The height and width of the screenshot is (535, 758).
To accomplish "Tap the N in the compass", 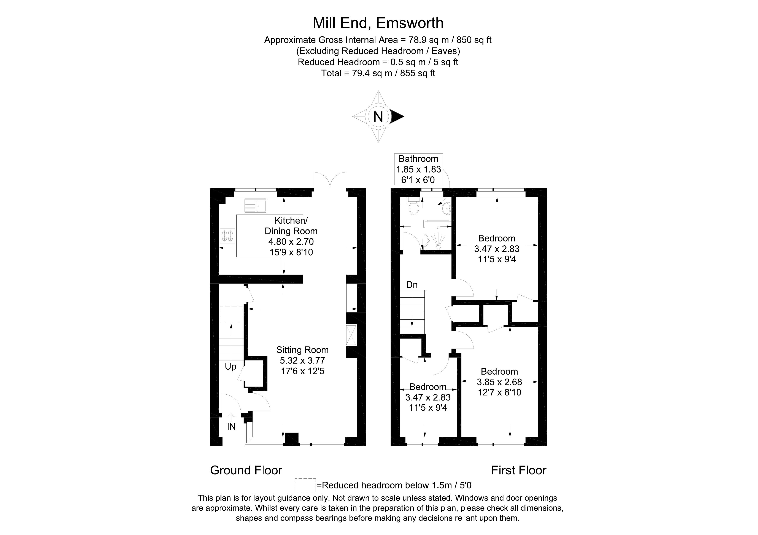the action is [378, 117].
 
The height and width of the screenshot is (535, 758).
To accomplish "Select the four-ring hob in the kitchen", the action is [227, 236].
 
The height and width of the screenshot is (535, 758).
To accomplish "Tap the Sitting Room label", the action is [302, 350].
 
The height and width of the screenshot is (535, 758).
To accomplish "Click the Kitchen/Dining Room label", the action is [291, 226].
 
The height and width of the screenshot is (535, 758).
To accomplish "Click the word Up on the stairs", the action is [230, 367].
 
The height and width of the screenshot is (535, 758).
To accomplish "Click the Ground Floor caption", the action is [246, 470].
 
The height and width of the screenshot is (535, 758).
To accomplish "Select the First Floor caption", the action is [519, 470].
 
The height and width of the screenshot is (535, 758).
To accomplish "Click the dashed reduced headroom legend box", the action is [305, 485].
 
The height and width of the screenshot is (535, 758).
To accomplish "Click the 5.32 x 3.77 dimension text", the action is [302, 361].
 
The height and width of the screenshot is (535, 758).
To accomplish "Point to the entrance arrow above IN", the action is [231, 417].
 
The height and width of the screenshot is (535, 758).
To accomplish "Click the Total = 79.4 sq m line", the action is [378, 73].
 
